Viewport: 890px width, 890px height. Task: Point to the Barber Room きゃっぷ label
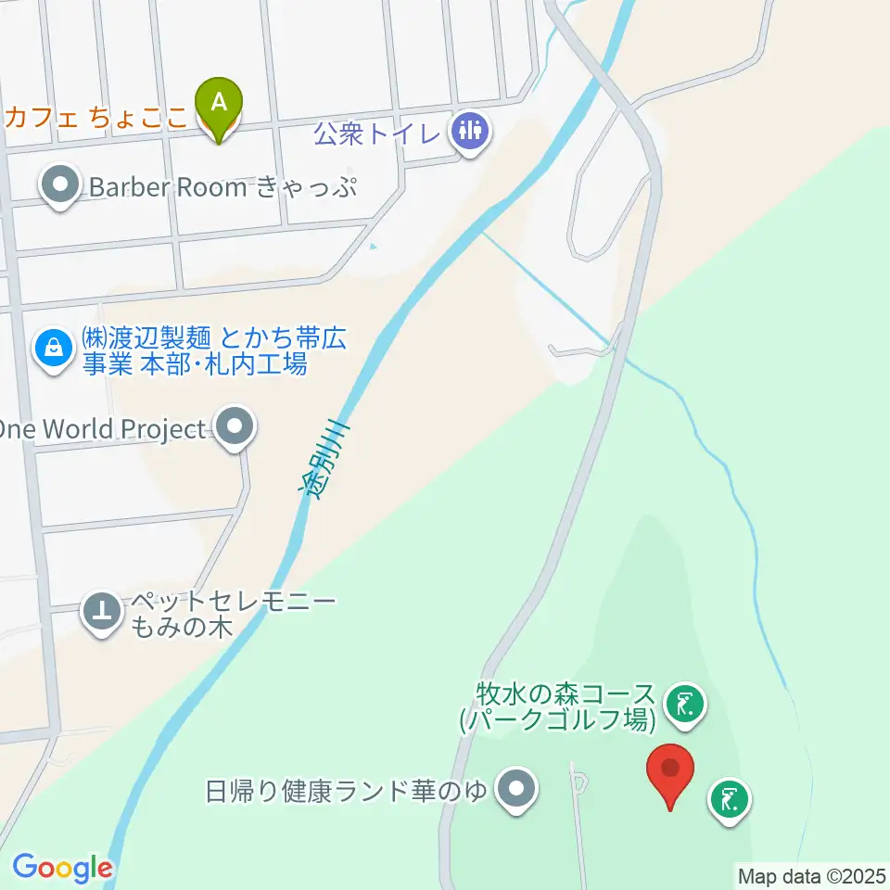[223, 187]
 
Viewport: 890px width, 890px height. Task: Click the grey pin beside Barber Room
[61, 185]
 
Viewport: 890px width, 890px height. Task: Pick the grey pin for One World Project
[235, 427]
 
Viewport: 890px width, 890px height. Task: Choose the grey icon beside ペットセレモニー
[102, 612]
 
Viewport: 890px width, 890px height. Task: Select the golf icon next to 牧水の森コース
[685, 706]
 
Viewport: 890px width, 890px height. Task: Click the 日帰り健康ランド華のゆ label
[346, 792]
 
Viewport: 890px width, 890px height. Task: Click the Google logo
[62, 868]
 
